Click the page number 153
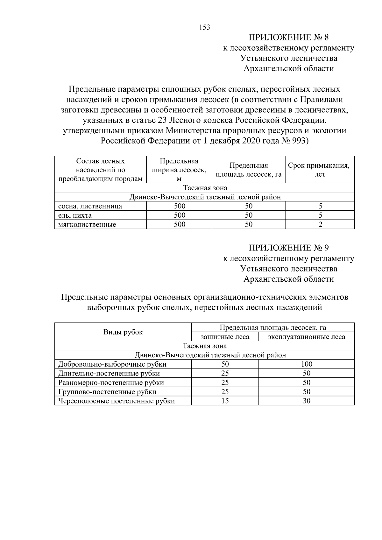(205, 27)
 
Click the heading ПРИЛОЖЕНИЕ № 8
(288, 38)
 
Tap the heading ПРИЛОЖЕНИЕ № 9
(288, 248)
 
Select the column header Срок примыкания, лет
(320, 170)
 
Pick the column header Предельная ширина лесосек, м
(179, 170)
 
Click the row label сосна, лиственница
(90, 206)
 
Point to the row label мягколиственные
(87, 225)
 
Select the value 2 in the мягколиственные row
(320, 225)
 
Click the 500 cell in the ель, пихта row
(179, 215)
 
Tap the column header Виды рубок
(123, 332)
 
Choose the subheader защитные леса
(225, 337)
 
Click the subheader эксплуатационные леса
(306, 337)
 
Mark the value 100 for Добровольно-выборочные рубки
(306, 364)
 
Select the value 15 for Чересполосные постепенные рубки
(225, 401)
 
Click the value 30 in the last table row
(306, 401)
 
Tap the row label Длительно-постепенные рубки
(109, 374)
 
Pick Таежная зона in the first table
(204, 188)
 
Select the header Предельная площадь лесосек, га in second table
(273, 327)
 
